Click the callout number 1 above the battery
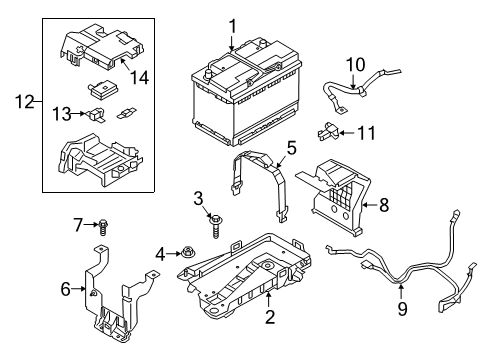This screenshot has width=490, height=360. point(231,26)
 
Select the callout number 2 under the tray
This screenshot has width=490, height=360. point(241,318)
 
